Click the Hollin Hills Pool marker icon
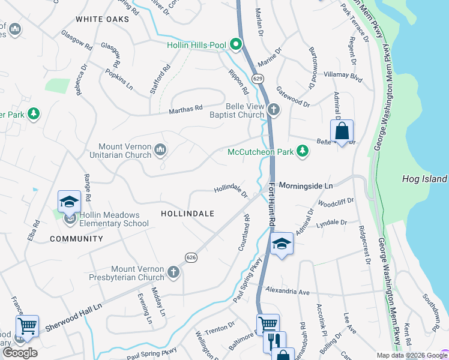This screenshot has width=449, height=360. pos(237,44)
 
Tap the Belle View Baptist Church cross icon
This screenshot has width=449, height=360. pos(274,110)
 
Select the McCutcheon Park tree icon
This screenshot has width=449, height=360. pos(303,152)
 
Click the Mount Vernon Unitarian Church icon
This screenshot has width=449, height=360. pos(160,149)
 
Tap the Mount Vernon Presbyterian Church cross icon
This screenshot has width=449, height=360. pos(173,273)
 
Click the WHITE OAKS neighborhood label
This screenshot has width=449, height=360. pos(103,20)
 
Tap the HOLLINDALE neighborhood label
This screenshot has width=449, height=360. pos(188,213)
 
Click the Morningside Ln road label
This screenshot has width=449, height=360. pos(306,186)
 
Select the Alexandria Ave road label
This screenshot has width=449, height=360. pos(288,291)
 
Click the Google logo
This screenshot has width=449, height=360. pos(20,353)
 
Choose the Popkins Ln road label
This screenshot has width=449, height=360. pos(119,79)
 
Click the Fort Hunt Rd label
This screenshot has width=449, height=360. pos(272,205)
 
